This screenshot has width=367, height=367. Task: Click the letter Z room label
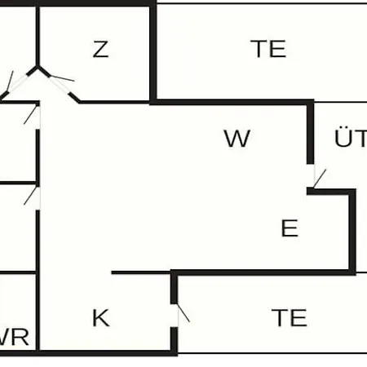pos(101,49)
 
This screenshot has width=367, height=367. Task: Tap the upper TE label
pos(268,49)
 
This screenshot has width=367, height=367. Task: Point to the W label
pos(237,139)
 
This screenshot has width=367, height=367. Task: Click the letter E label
pos(290,228)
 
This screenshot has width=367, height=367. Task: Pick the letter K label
pos(101,317)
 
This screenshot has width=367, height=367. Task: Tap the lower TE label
pos(290,317)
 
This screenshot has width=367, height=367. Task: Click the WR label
pos(14,337)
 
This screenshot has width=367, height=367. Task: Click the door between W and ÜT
pos(319,178)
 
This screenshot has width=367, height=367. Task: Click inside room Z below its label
pos(101,79)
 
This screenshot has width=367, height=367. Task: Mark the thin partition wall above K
pos(141,272)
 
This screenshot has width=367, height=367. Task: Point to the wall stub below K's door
pos(174,340)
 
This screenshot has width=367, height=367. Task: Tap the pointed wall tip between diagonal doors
pos(38,66)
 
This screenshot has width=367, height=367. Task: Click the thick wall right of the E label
pos(352,231)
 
